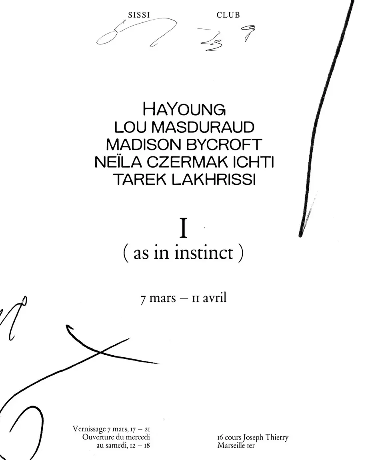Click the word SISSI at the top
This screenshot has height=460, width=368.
[139, 15]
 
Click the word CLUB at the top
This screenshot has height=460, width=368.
[228, 15]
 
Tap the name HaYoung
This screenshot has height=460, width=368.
[184, 110]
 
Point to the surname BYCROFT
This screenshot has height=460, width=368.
[224, 145]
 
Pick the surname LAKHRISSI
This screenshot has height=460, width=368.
[214, 180]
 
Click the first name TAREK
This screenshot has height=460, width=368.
[140, 180]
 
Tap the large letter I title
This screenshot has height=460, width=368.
[184, 229]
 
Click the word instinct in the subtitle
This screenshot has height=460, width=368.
[204, 252]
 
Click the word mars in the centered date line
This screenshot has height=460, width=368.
[162, 298]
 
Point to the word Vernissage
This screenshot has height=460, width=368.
[89, 429]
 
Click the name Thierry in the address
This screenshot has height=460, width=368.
[277, 438]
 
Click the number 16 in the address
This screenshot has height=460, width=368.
[220, 438]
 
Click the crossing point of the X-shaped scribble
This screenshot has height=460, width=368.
[100, 352]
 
